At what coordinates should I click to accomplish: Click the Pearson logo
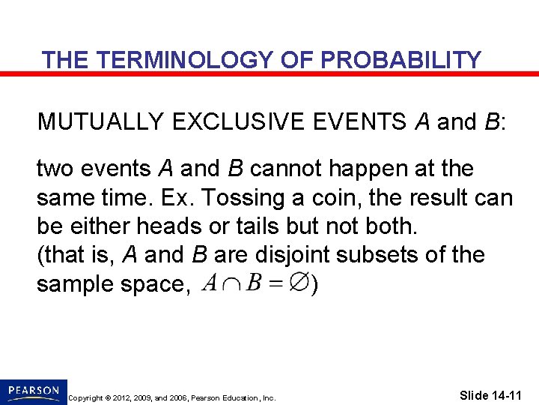click(x=34, y=391)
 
